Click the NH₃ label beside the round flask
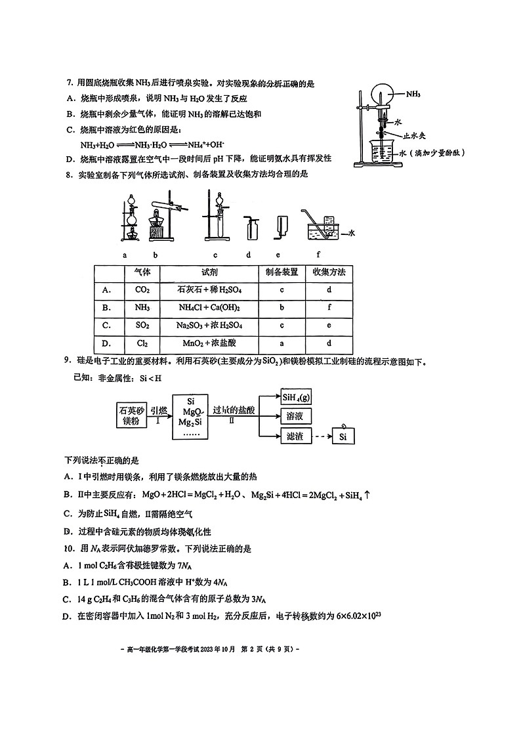point(413,95)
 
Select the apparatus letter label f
point(318,254)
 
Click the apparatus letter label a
point(124,254)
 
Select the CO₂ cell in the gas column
point(142,289)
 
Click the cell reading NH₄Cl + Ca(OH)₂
point(209,307)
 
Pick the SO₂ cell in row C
point(142,325)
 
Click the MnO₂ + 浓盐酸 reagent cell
point(209,343)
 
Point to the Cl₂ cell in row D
point(142,343)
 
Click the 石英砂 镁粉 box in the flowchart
point(131,415)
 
